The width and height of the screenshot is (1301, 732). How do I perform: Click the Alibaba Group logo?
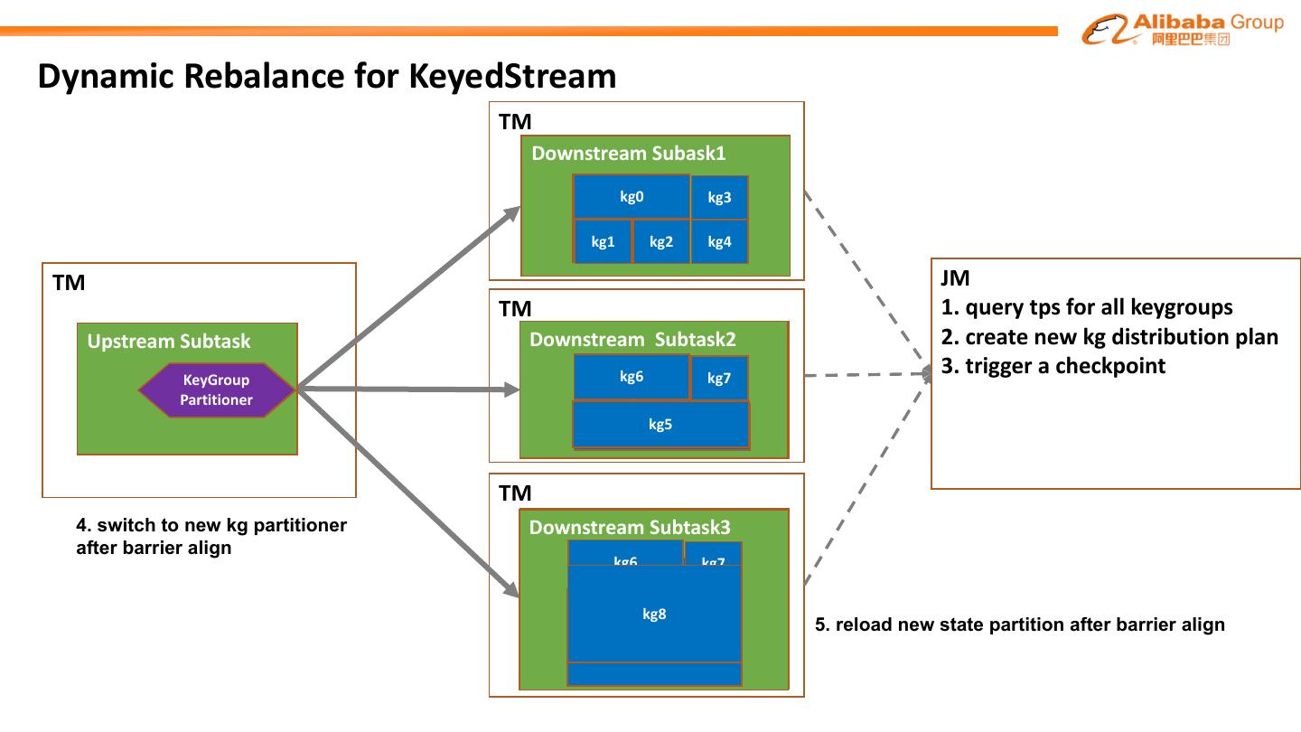1182,29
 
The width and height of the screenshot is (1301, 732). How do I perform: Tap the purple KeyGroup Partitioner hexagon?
217,389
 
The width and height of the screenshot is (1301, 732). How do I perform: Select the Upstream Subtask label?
169,342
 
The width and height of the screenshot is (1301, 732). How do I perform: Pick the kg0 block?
632,197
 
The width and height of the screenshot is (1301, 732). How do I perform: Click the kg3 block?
719,198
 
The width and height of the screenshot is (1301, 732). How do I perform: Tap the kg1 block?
603,241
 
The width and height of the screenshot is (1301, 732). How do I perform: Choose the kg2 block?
661,241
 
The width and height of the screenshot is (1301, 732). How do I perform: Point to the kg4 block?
719,241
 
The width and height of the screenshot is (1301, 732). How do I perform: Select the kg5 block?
660,424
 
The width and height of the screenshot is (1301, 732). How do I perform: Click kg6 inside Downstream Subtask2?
632,377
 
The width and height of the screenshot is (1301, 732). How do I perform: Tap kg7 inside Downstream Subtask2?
719,378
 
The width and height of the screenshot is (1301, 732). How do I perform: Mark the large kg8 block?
654,615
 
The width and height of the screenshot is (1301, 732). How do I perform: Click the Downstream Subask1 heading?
628,153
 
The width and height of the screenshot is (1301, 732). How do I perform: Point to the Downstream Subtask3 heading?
629,528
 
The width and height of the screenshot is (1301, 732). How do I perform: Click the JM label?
955,278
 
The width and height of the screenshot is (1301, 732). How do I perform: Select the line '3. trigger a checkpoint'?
1053,366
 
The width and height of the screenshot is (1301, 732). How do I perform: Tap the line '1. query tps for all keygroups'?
1087,307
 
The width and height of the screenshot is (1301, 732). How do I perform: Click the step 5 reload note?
1020,624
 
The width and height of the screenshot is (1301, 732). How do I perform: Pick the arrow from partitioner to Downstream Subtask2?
407,389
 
